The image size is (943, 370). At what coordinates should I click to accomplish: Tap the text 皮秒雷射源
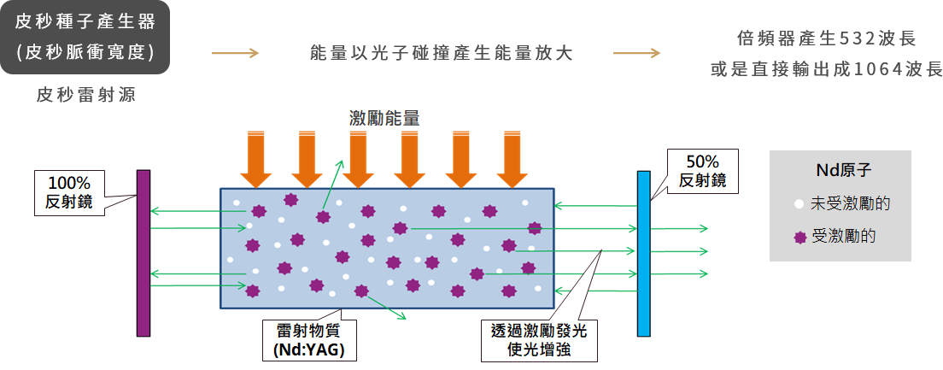coord(86,94)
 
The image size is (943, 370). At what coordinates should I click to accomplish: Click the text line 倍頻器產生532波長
coord(825,38)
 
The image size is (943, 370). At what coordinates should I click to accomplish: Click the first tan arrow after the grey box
coord(235,53)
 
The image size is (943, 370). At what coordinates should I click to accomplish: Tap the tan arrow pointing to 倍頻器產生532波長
coord(636,53)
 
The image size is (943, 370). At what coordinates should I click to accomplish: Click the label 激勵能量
coord(384,119)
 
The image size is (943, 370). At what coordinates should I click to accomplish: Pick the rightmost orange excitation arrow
coord(512,160)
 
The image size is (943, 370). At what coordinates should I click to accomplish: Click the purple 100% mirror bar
coord(143,253)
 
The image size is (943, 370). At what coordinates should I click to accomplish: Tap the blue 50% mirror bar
coord(644,254)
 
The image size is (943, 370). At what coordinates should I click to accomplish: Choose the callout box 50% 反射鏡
coord(703,171)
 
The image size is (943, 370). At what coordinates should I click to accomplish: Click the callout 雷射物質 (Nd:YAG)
coord(308,340)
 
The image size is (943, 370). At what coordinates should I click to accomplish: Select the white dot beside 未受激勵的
coord(799,204)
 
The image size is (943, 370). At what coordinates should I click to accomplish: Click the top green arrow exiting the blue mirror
coord(679,229)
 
